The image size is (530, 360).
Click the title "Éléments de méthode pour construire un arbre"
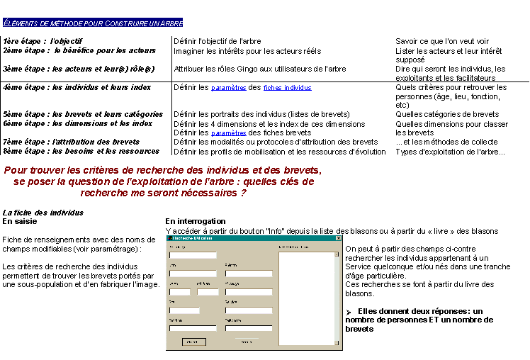click(x=92, y=23)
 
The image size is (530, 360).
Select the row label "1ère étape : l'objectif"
click(x=43, y=42)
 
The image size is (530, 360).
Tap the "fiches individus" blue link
click(x=287, y=88)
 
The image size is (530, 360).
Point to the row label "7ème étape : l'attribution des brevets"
click(x=71, y=142)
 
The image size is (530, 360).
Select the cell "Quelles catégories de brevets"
click(x=447, y=114)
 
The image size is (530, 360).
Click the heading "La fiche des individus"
click(x=43, y=213)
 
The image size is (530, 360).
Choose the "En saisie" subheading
click(x=21, y=221)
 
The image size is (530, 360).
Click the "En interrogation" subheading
click(x=196, y=221)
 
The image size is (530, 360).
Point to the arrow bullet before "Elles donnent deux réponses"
click(x=349, y=312)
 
